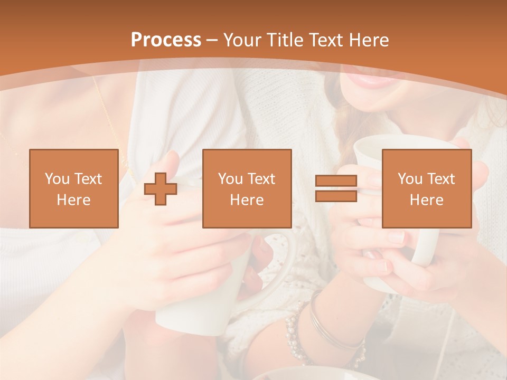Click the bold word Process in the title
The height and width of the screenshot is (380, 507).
tap(166, 40)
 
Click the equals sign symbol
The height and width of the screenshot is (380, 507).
tap(336, 188)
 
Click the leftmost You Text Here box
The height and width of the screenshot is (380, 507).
tap(74, 188)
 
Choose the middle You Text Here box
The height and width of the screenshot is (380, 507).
tap(247, 188)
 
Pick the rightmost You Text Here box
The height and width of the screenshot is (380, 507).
tap(427, 188)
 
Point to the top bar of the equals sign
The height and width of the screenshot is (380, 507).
tap(336, 181)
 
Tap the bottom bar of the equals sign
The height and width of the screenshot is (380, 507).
tap(336, 196)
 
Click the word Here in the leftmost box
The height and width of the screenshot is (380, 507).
tap(74, 200)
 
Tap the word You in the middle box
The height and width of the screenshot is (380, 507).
tap(230, 179)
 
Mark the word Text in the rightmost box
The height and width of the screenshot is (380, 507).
tap(440, 179)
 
